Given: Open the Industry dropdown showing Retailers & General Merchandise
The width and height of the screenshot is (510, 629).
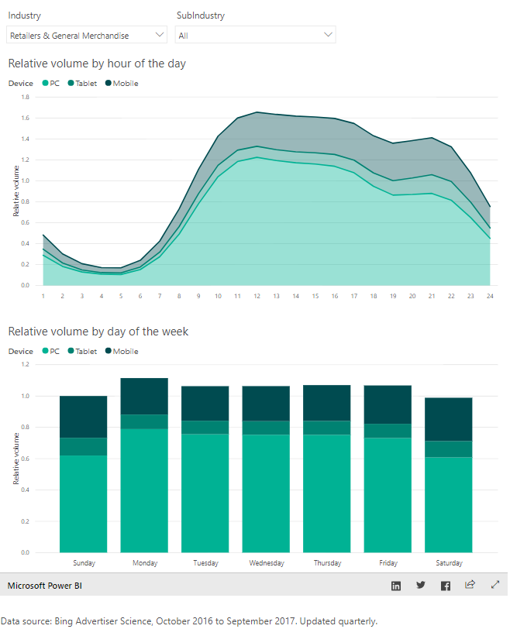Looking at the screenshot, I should coord(86,35).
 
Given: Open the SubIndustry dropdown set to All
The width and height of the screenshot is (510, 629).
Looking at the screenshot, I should coord(255,35).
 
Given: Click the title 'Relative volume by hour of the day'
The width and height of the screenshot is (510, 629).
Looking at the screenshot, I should coord(97,64).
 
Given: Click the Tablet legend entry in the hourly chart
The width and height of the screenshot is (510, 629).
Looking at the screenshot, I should coord(81,83).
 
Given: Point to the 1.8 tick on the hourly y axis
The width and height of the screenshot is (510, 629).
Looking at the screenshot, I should coord(25,98).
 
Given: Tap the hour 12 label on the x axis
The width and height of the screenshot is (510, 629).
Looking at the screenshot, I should coord(257,296).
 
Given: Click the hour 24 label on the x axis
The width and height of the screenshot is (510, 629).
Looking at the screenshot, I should coord(489,296).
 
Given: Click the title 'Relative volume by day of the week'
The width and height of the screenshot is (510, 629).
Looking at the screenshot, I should coord(98,332).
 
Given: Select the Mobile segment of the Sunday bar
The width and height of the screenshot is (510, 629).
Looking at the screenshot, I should coord(83,417).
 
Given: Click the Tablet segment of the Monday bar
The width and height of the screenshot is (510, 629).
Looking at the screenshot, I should coord(144,421).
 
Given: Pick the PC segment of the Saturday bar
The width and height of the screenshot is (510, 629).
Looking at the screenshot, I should coord(449,504).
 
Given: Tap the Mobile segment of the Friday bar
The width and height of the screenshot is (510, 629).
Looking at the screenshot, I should coord(388,404).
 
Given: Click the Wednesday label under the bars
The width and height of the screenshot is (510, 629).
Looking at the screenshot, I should coord(266,563).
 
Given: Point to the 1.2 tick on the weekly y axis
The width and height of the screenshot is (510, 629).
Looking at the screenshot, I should coord(25,364).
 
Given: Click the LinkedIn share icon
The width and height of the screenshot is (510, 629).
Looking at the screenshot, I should coord(396,586).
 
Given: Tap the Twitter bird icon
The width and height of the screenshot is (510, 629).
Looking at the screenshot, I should coord(421,586).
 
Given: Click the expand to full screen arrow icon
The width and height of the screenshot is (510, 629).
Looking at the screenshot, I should coord(495,586).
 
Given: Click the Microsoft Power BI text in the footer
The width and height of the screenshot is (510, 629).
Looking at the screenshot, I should coord(45,586).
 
